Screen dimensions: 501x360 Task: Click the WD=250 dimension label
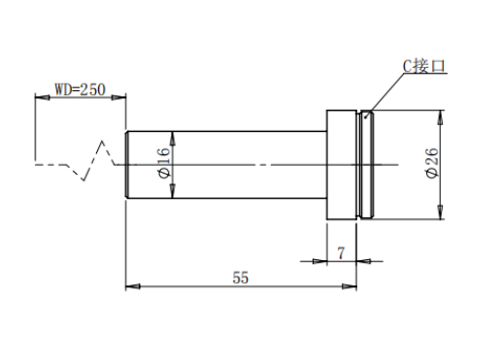click(80, 89)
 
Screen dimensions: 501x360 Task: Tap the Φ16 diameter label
click(164, 163)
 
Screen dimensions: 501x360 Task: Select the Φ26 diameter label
click(432, 163)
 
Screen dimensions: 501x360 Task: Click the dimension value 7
click(341, 253)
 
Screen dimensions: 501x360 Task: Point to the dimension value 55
click(241, 278)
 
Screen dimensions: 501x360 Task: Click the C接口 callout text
click(424, 66)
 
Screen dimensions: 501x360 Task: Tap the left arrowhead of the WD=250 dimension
click(42, 97)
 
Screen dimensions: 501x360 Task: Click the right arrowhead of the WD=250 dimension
click(118, 97)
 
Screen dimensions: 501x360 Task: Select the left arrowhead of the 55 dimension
click(133, 286)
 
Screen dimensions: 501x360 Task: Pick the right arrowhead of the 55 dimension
click(350, 286)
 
